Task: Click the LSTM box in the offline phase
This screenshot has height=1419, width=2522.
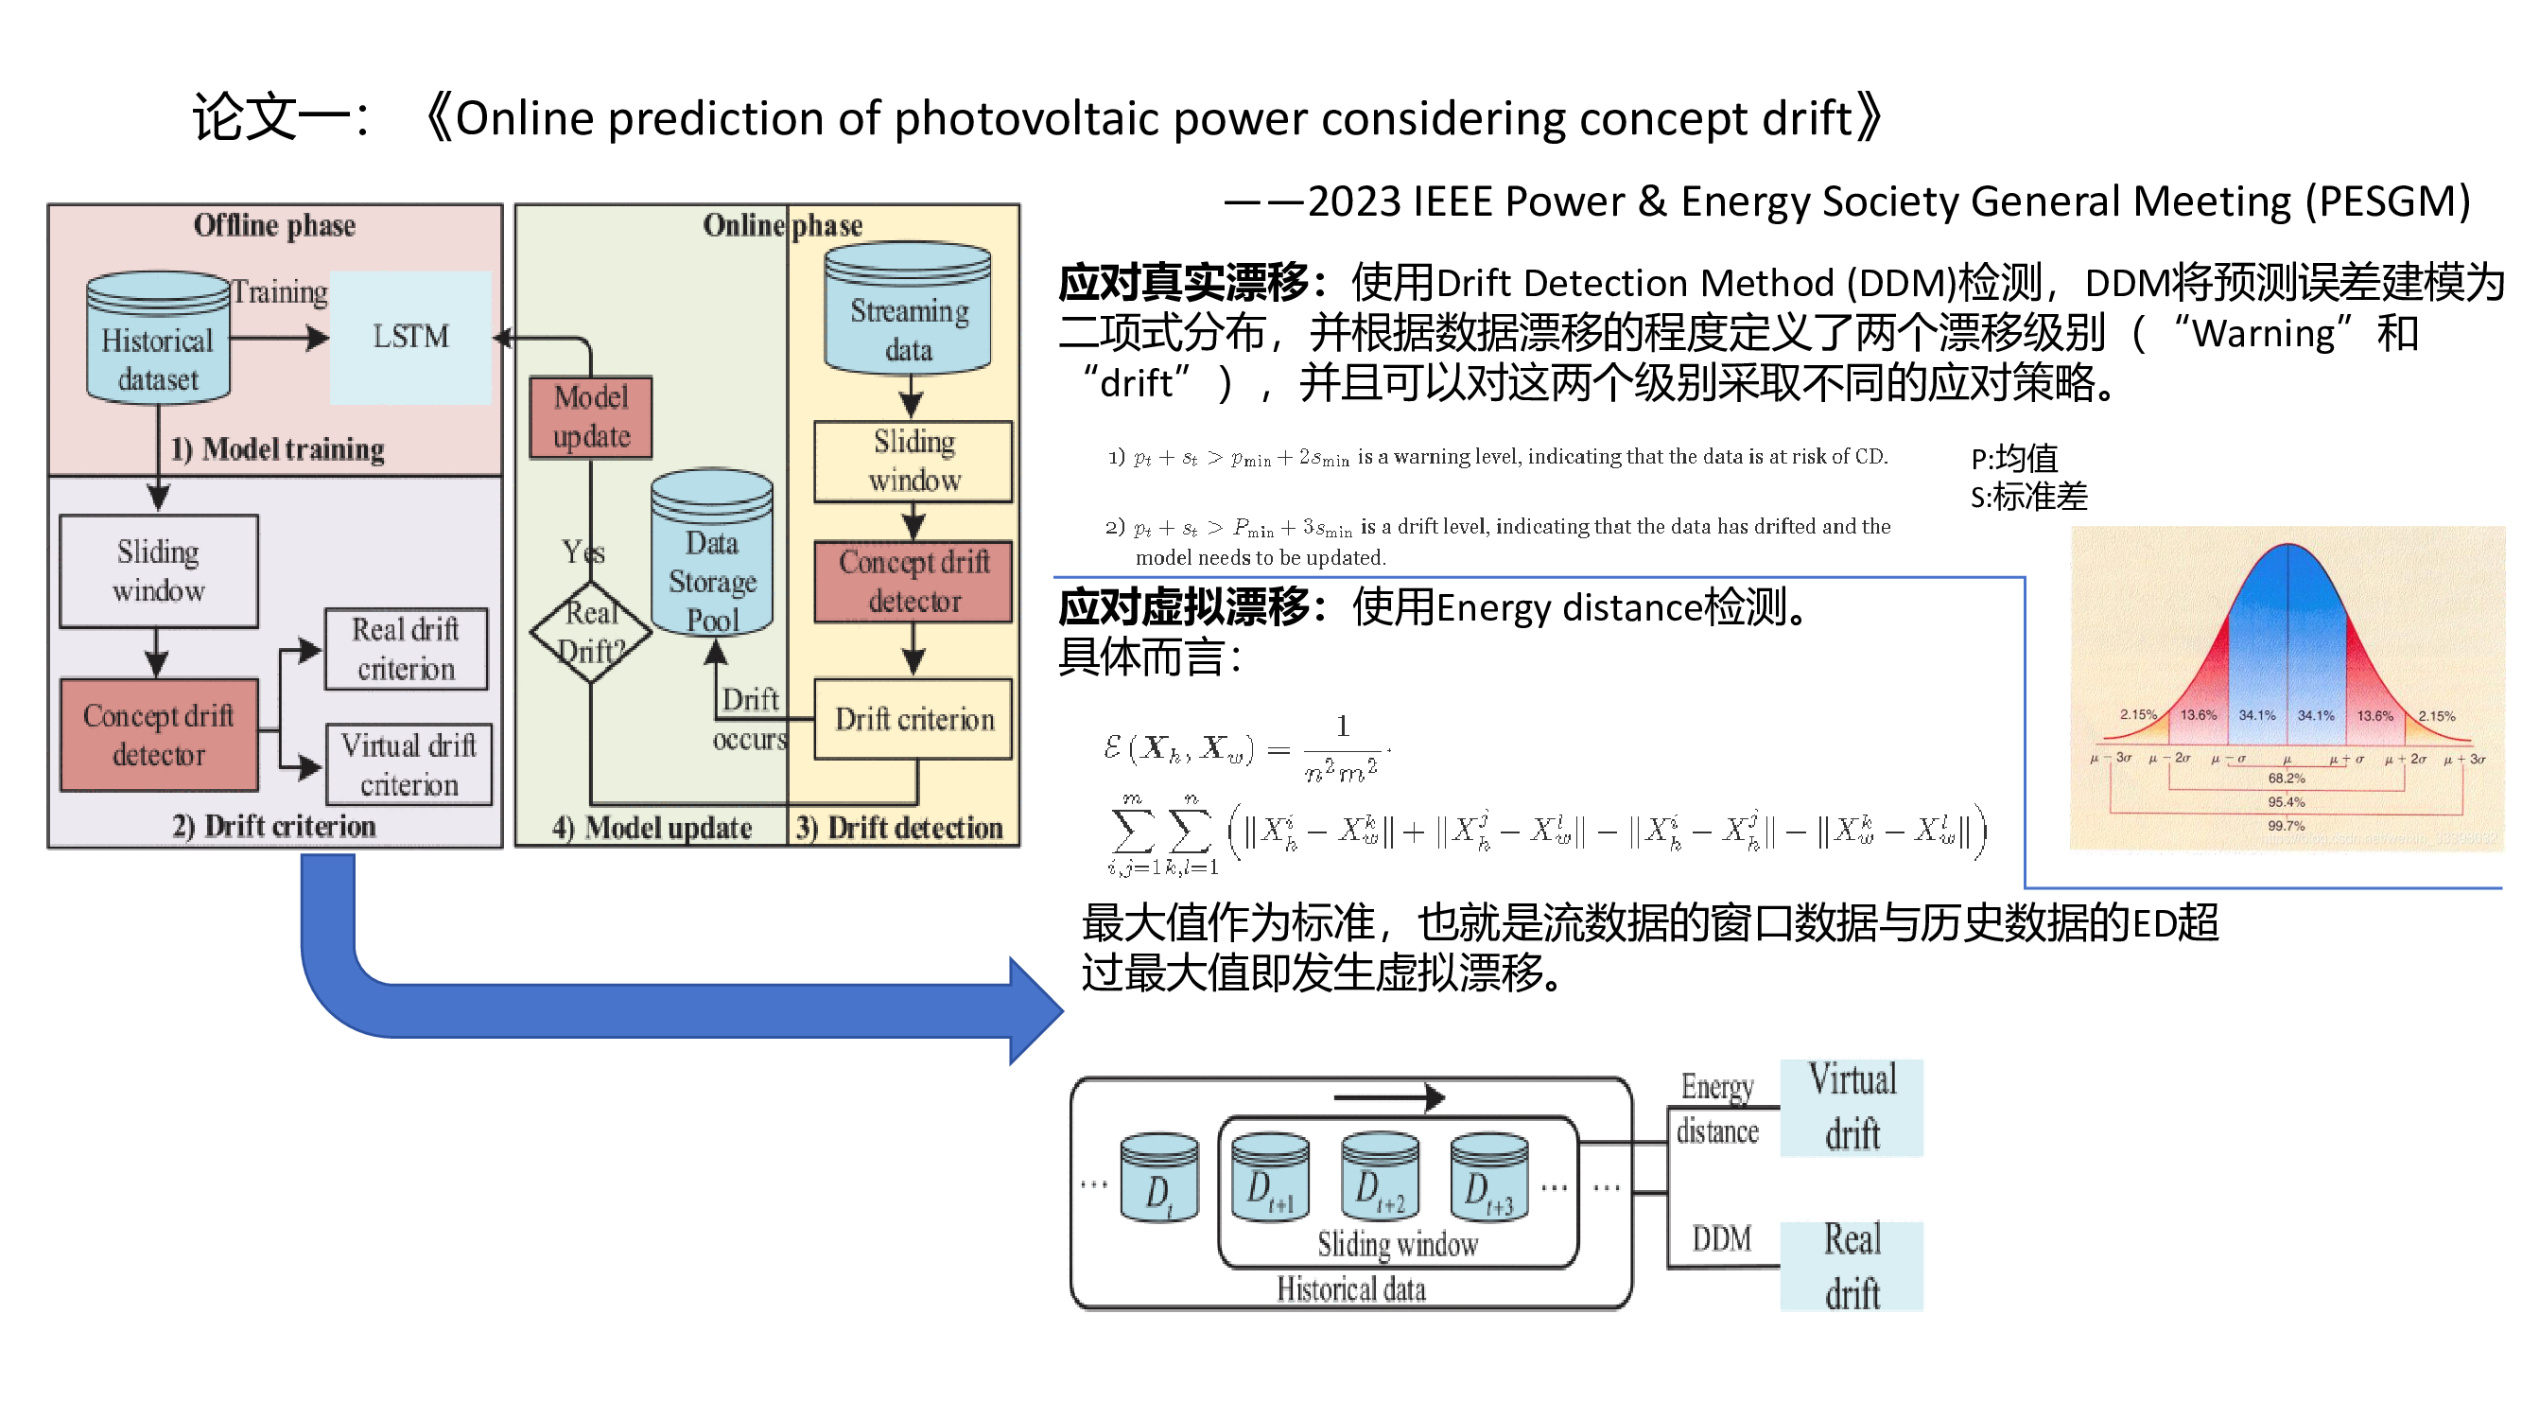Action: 410,337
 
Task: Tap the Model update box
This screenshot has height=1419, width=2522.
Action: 590,417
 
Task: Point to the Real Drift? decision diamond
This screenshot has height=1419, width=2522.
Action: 590,632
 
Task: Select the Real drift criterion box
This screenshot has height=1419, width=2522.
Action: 406,649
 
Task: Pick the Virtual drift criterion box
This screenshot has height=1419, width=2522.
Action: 409,764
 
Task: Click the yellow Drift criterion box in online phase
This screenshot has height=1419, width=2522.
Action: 913,720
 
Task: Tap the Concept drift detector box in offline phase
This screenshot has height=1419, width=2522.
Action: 159,735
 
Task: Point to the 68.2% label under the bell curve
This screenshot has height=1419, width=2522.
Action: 2286,779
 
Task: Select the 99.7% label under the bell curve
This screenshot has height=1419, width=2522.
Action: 2286,826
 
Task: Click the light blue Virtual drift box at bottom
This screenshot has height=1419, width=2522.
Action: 1852,1108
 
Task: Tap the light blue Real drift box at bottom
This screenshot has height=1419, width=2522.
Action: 1852,1267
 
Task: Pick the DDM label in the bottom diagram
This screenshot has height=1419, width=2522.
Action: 1721,1240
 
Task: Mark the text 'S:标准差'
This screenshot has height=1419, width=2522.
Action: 2028,498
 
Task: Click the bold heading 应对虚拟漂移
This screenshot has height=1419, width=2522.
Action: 1184,608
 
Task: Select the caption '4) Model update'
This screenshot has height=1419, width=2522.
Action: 652,829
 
